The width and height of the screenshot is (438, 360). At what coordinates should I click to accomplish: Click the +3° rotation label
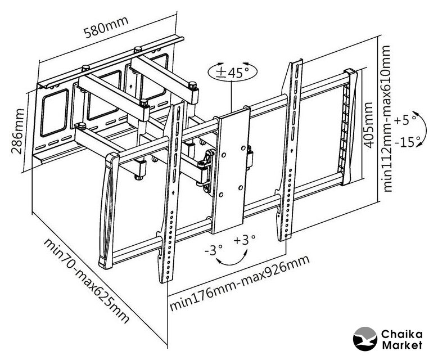pyautogui.click(x=245, y=240)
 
